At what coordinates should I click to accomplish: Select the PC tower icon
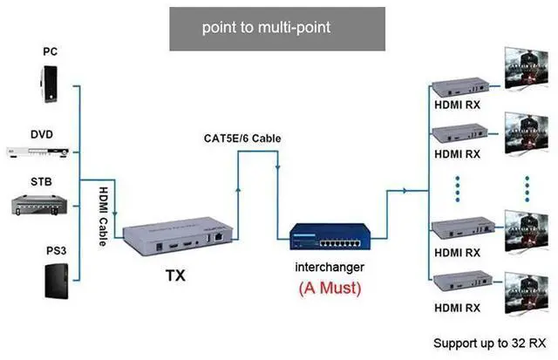click(51, 85)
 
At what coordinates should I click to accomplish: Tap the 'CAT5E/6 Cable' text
click(242, 138)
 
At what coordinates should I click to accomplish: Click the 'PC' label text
click(51, 51)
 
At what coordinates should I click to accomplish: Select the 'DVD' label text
click(41, 134)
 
